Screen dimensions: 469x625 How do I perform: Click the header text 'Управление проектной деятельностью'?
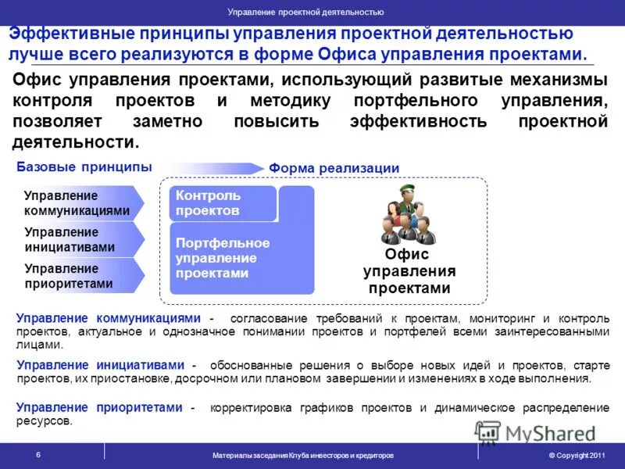click(305, 12)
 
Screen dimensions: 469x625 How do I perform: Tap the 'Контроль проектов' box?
click(223, 203)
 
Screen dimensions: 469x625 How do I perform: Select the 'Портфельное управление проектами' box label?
click(223, 258)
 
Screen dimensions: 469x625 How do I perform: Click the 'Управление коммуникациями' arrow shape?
click(78, 203)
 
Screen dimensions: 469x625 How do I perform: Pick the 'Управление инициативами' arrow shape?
click(78, 239)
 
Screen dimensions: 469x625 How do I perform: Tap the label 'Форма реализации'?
click(334, 169)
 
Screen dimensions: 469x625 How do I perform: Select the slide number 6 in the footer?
click(38, 454)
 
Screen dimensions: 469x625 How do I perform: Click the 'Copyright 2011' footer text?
click(577, 455)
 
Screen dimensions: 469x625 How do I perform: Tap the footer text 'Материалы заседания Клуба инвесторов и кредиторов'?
click(303, 455)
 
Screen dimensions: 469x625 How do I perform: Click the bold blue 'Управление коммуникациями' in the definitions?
click(109, 318)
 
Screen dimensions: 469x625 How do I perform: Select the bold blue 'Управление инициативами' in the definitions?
click(101, 365)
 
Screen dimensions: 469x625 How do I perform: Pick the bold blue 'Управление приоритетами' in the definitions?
click(99, 407)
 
